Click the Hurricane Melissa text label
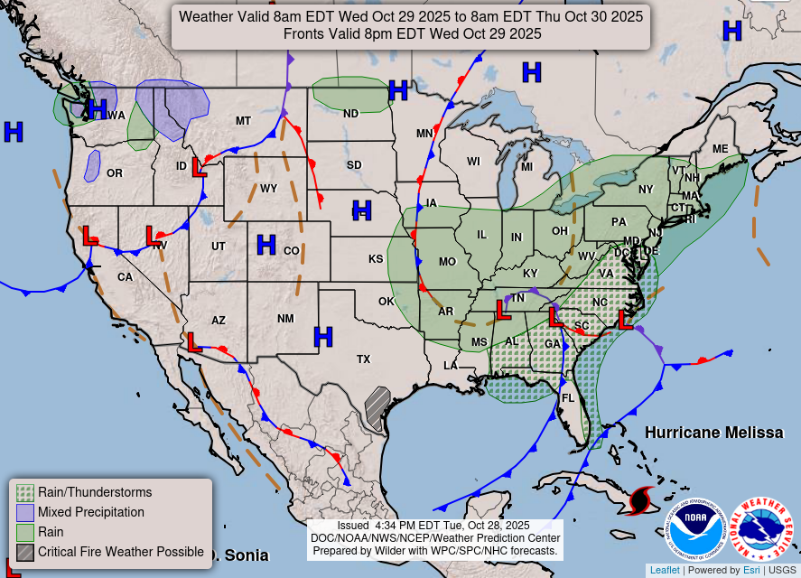point(713,433)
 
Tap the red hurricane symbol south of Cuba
point(642,499)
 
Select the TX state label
point(363,359)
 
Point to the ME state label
point(720,149)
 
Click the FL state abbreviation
point(568,398)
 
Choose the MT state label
point(243,121)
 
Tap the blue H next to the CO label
point(265,244)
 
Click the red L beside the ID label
point(200,167)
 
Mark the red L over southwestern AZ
point(191,341)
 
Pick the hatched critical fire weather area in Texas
point(377,408)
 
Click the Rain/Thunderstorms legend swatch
point(25,492)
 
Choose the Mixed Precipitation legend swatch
point(25,512)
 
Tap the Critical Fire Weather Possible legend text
point(121,551)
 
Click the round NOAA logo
point(696,529)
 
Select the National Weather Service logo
point(761,529)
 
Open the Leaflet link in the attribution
point(664,570)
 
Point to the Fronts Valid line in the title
point(412,33)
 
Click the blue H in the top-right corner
point(731,32)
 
